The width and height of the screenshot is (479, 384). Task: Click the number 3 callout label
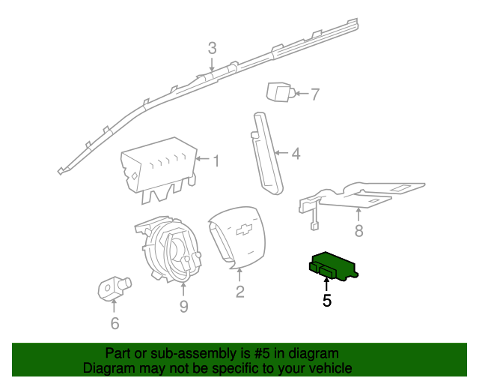(x=212, y=48)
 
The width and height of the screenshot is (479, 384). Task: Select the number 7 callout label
(x=314, y=94)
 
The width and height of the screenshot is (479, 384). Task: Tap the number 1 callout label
(x=216, y=160)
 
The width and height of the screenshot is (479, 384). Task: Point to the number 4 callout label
(x=296, y=154)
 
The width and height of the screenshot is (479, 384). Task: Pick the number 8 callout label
(x=359, y=231)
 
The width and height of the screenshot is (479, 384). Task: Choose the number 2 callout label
(x=239, y=292)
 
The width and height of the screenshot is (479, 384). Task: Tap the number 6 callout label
(x=115, y=323)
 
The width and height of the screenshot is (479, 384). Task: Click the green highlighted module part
(x=331, y=265)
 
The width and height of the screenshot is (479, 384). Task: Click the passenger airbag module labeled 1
(x=157, y=169)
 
